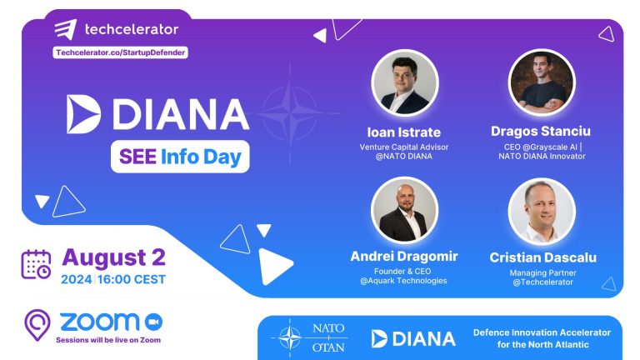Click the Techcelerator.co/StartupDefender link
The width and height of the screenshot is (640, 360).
[x=120, y=52]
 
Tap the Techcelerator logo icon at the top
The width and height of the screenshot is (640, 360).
[x=67, y=30]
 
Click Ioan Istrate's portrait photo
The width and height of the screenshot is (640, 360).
[x=403, y=83]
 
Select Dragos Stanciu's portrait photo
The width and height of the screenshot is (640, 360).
[x=541, y=82]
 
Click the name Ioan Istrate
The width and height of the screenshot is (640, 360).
[x=403, y=132]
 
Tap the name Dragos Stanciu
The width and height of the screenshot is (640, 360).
[x=541, y=132]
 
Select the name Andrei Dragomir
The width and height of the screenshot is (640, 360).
[x=403, y=257]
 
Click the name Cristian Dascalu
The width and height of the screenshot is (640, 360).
[x=542, y=257]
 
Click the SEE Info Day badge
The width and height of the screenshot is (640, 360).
[x=180, y=155]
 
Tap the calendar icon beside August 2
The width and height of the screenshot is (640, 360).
[x=35, y=264]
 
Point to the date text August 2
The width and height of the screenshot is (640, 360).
[x=113, y=256]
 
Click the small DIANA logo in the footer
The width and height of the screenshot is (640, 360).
[x=413, y=338]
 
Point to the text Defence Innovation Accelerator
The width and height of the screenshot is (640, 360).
[x=542, y=332]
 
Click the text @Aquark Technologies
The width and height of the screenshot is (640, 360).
[x=403, y=281]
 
